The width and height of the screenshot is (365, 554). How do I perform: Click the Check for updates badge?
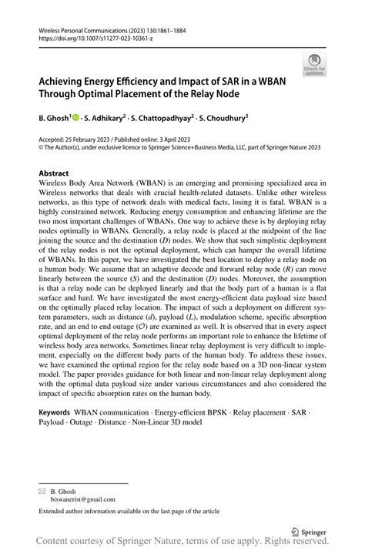coord(313,65)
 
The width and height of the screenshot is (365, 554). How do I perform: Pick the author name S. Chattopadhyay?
coord(166,118)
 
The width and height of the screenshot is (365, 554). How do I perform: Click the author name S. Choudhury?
coord(229,118)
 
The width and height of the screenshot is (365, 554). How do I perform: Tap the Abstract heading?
coord(54,173)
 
